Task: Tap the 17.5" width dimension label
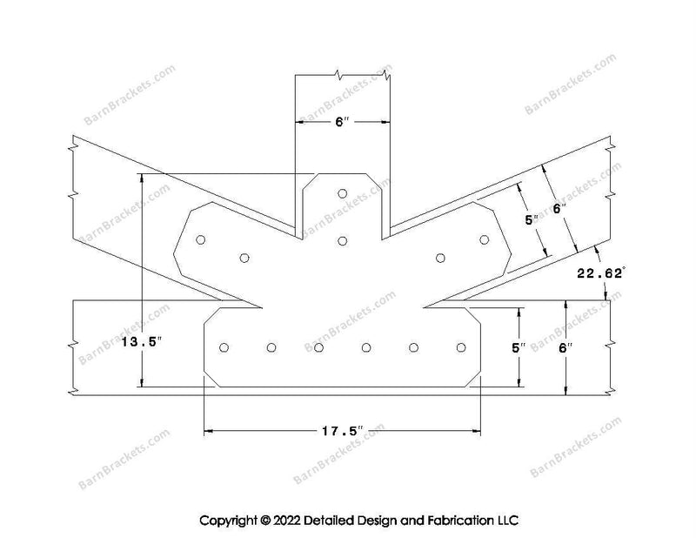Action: [x=343, y=431]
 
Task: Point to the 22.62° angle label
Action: [x=600, y=273]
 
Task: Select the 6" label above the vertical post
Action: [x=342, y=122]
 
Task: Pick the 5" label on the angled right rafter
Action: [x=532, y=220]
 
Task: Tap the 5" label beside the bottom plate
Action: [x=518, y=348]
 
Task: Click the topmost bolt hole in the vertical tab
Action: [x=342, y=194]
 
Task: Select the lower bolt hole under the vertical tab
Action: [x=342, y=241]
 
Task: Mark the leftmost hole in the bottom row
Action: [x=224, y=347]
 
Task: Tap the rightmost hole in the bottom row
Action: [x=461, y=347]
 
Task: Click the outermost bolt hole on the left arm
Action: [x=201, y=240]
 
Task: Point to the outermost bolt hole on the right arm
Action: [x=485, y=240]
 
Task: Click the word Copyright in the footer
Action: [x=229, y=521]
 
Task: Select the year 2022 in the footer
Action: [x=286, y=521]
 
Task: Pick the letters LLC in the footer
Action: [x=507, y=521]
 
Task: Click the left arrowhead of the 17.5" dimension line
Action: [x=209, y=431]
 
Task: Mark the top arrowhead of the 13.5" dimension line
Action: [x=142, y=178]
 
